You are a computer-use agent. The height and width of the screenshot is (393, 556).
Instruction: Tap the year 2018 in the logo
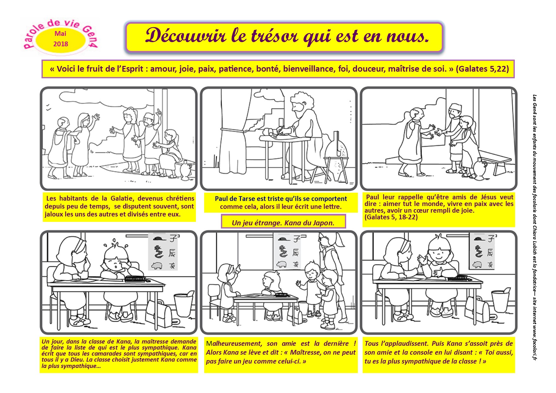tap(61, 44)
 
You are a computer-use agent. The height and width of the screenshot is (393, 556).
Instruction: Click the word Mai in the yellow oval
tap(61, 34)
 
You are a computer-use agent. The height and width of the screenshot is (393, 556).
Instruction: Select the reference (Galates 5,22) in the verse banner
tap(482, 69)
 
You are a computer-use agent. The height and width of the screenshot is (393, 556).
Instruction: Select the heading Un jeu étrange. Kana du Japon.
tap(283, 223)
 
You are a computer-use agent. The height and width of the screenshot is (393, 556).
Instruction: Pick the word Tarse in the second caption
tap(247, 199)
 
